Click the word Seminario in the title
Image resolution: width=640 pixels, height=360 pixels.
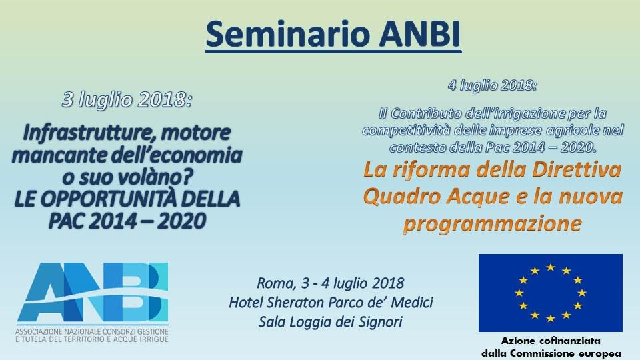click(288, 33)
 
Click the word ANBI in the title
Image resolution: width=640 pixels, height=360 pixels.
click(420, 33)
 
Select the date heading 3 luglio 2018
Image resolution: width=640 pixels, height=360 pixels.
click(127, 100)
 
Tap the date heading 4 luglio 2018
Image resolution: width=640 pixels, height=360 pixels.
click(493, 85)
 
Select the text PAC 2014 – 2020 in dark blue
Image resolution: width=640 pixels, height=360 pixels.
click(127, 221)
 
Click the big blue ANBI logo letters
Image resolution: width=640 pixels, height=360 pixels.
click(93, 292)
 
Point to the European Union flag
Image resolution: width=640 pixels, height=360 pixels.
click(551, 293)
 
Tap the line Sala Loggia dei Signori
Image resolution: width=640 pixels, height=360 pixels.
click(331, 322)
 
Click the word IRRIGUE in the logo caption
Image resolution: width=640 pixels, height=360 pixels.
click(153, 339)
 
